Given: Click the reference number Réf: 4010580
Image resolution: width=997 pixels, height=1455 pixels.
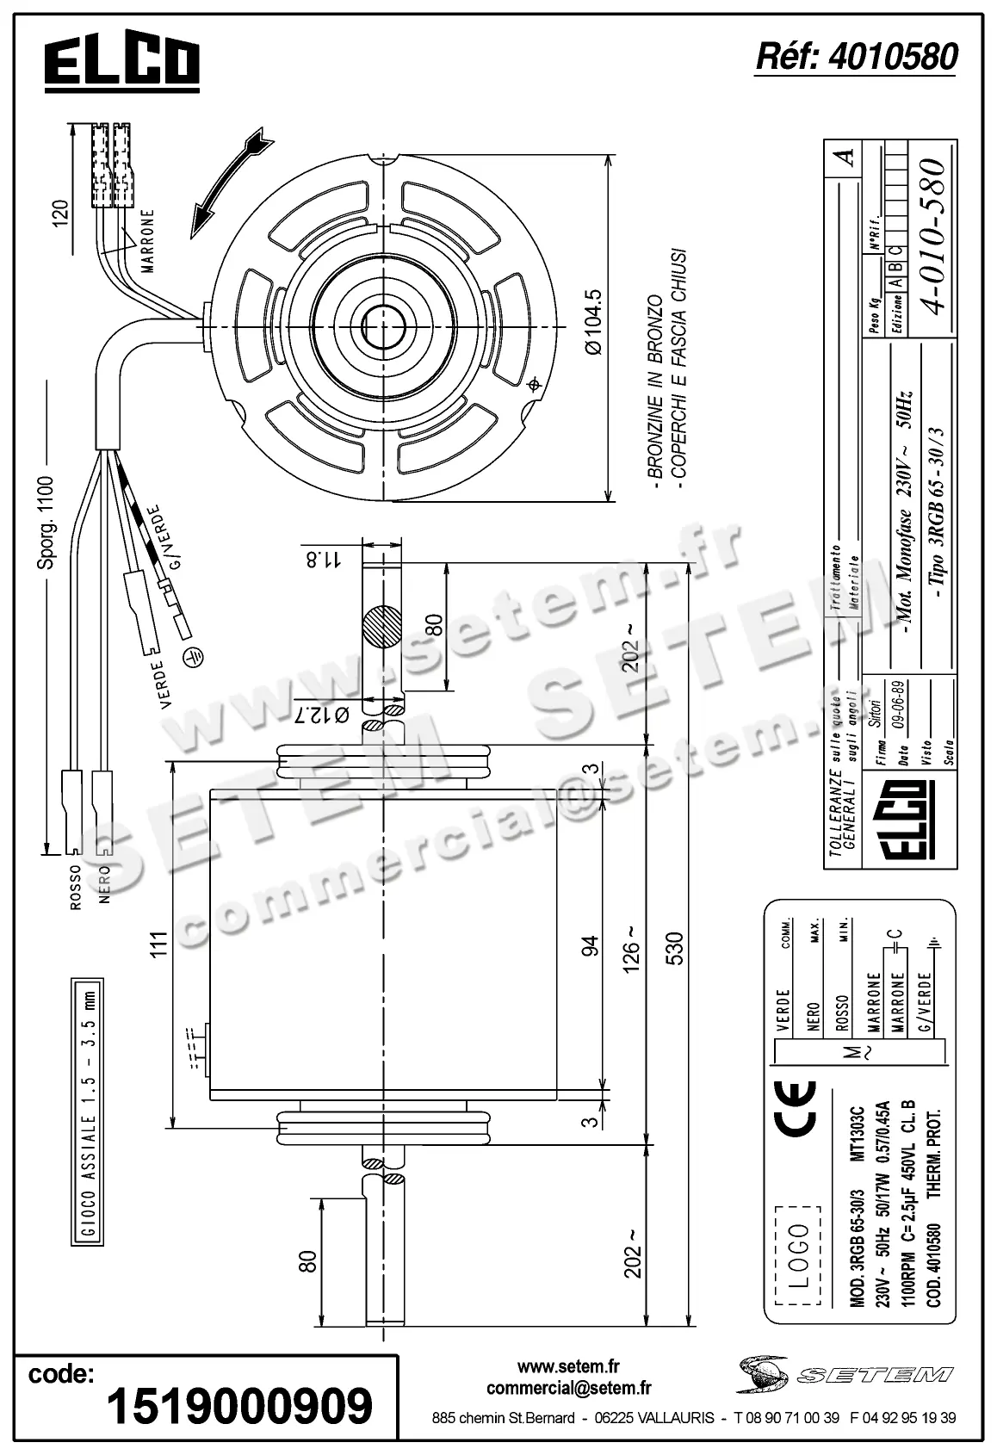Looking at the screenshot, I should pos(856,57).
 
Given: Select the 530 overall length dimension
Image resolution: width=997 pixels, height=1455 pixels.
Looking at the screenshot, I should pos(674,947).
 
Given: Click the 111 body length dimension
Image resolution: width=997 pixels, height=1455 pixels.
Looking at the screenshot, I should pos(156,944).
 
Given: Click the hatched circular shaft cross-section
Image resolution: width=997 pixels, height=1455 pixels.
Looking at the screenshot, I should pos(382,626).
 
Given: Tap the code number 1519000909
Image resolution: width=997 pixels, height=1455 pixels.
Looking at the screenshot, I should pos(239,1406).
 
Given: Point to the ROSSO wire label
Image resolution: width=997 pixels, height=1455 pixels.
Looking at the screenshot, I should pos(75,886).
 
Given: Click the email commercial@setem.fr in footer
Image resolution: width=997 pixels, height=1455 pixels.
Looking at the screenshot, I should pos(568,1387).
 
